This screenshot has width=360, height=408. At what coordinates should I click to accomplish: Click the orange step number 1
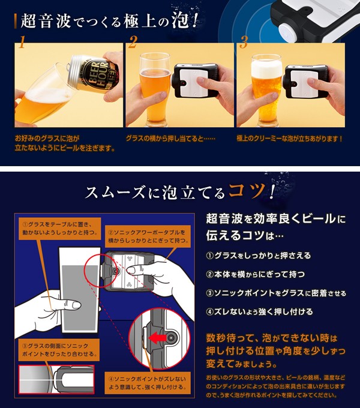coord(22,42)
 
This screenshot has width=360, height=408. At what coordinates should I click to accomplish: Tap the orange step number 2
coord(133,41)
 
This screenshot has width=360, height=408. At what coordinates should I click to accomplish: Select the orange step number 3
coord(244,42)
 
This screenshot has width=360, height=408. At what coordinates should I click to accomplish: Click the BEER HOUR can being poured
coord(94,72)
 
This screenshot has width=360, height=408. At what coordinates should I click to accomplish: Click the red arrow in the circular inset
coord(158,338)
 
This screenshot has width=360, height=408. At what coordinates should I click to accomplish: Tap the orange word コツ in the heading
coord(247,191)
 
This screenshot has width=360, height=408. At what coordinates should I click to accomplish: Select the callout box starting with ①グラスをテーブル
coord(60,228)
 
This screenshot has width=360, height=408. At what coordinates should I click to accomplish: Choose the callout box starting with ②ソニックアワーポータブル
coord(148,236)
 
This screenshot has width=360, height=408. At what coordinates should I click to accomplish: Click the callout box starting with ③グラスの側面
coord(59,350)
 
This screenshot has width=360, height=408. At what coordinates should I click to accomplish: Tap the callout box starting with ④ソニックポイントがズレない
coord(148,383)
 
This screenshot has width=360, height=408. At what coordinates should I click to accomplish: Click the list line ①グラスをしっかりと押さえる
coord(258,256)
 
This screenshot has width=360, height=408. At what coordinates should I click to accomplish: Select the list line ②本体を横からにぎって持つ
coord(255,274)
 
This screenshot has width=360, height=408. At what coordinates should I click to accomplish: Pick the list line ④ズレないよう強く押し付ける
coord(259,311)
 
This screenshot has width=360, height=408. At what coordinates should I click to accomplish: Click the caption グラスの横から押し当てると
coord(170,138)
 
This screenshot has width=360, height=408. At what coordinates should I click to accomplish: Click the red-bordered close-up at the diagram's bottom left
coord(56,380)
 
